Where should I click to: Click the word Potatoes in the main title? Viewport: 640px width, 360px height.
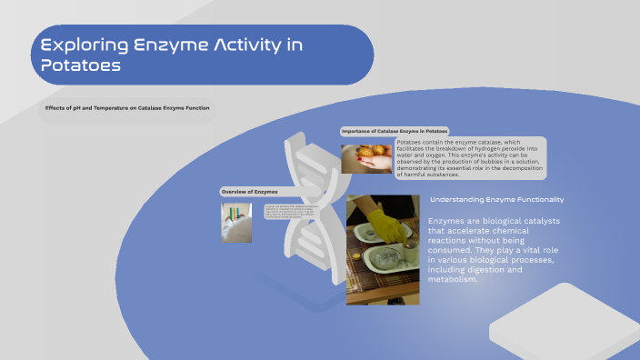[80, 65]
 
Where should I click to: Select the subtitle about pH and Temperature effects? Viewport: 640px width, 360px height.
[127, 108]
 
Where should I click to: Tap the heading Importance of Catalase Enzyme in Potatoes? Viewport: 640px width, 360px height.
[394, 131]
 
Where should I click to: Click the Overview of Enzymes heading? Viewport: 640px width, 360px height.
[249, 192]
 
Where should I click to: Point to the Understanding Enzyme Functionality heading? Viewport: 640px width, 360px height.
[496, 199]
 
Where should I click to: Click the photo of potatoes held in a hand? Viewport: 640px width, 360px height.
[366, 159]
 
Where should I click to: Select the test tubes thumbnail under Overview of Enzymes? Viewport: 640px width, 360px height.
[236, 222]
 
